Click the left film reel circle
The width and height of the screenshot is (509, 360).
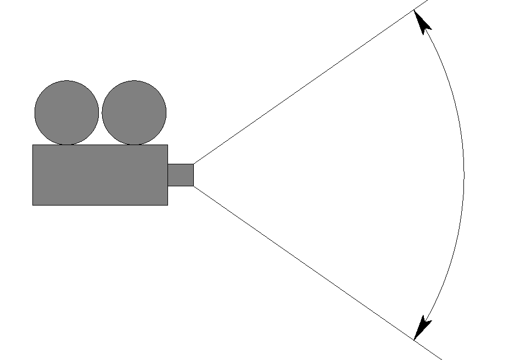(66, 113)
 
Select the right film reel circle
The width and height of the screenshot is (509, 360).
(134, 113)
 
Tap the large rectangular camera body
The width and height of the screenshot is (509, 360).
(100, 175)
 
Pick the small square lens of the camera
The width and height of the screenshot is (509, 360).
(181, 175)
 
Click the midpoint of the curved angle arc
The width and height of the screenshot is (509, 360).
(464, 175)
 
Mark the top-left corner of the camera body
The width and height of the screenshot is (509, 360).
(33, 145)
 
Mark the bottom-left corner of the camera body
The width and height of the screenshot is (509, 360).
(33, 205)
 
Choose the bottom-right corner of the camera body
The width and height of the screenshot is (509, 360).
(167, 205)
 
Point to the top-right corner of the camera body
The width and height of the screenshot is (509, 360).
(167, 145)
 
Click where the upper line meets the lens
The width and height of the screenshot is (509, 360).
(194, 164)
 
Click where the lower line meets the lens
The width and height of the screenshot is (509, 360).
(194, 186)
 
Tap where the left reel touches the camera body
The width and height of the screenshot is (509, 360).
(66, 145)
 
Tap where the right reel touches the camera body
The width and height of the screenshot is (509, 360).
(134, 145)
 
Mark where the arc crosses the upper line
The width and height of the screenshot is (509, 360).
(413, 10)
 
